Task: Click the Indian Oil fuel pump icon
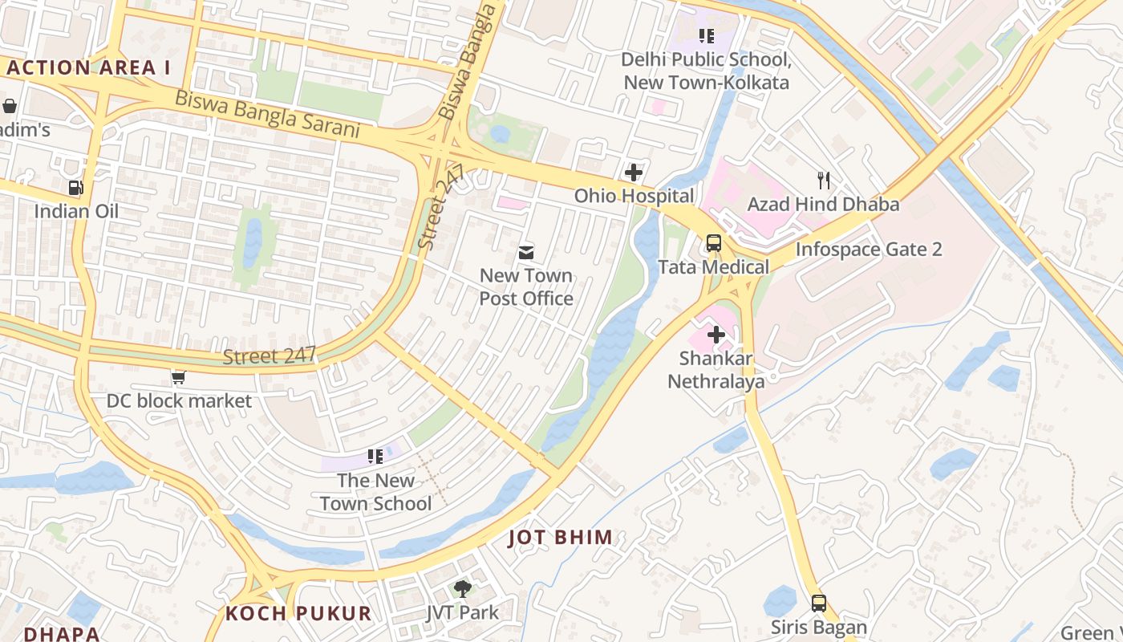pyautogui.click(x=75, y=188)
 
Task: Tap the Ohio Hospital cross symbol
pyautogui.click(x=634, y=172)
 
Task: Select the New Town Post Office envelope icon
pyautogui.click(x=525, y=253)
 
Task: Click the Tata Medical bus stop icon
pyautogui.click(x=713, y=242)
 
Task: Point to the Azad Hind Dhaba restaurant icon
pyautogui.click(x=823, y=180)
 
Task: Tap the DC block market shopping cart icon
pyautogui.click(x=178, y=376)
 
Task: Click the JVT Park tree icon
pyautogui.click(x=462, y=588)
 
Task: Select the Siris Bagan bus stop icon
pyautogui.click(x=818, y=603)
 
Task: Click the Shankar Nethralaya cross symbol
pyautogui.click(x=716, y=334)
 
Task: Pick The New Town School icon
pyautogui.click(x=375, y=457)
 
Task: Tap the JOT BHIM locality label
pyautogui.click(x=561, y=538)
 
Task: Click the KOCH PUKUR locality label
pyautogui.click(x=298, y=614)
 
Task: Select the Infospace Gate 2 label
pyautogui.click(x=868, y=249)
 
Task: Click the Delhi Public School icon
pyautogui.click(x=706, y=35)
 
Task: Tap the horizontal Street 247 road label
pyautogui.click(x=270, y=356)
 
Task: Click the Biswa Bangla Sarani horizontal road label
pyautogui.click(x=266, y=113)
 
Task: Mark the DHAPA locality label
pyautogui.click(x=62, y=634)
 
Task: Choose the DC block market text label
pyautogui.click(x=179, y=400)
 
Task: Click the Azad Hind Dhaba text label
pyautogui.click(x=823, y=205)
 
